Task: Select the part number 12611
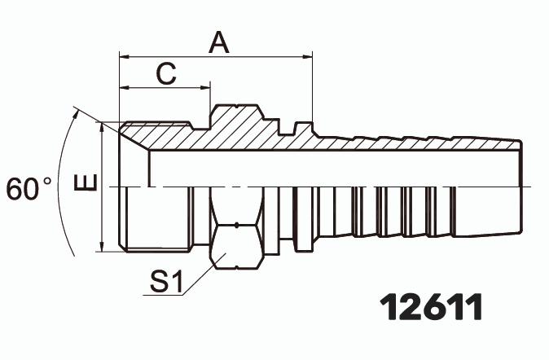(x=432, y=307)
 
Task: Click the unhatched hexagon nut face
(x=236, y=244)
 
